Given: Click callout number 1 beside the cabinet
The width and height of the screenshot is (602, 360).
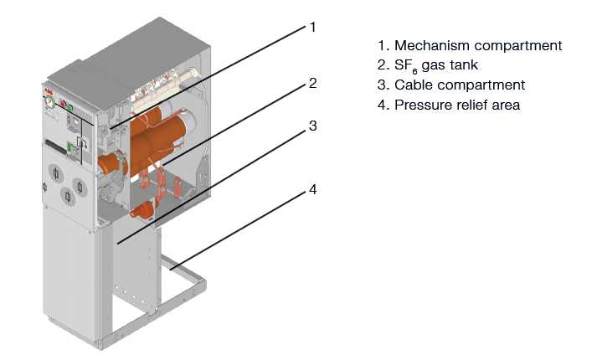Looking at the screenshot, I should point(312,28).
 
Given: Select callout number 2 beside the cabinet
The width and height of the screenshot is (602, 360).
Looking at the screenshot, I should point(312,83).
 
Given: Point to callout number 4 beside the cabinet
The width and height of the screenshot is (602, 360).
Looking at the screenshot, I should point(312,189).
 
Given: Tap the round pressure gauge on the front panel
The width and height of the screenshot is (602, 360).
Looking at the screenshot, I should point(50,104).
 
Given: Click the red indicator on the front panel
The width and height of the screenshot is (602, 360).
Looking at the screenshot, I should point(60,107).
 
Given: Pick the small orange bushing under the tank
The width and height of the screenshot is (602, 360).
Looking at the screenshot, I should point(142,208).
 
